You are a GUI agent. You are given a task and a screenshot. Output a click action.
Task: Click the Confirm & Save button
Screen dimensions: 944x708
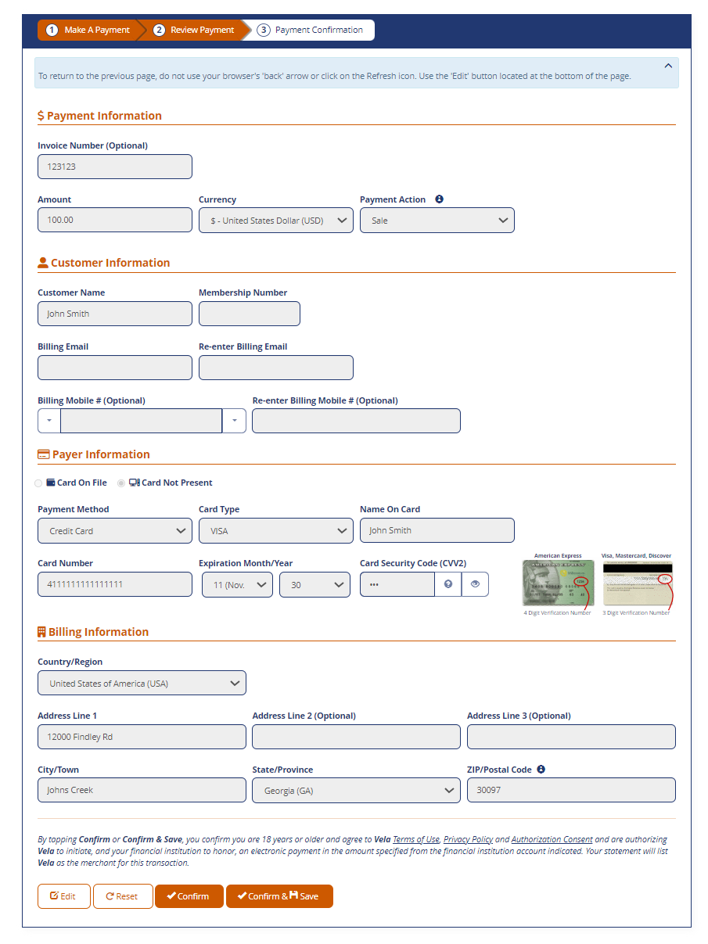point(279,896)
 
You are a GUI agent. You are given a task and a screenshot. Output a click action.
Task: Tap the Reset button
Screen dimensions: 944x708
point(123,896)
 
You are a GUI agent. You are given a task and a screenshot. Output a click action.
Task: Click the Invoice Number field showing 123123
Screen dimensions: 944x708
point(115,167)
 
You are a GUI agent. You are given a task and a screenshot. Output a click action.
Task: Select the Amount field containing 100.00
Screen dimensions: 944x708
point(115,220)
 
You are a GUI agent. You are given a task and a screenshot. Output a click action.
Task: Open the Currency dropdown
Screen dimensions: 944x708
point(276,221)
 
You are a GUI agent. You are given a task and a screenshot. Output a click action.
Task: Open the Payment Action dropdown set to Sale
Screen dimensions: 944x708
point(437,221)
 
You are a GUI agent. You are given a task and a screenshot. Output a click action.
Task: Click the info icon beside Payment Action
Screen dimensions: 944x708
point(439,199)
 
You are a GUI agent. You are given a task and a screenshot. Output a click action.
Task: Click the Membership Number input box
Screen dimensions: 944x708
point(250,314)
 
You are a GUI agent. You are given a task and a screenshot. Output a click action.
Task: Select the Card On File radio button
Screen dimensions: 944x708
point(38,483)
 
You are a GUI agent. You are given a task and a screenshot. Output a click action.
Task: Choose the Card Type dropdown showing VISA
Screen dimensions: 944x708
point(276,530)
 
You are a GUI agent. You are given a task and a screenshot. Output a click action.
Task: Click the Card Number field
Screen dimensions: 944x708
point(115,584)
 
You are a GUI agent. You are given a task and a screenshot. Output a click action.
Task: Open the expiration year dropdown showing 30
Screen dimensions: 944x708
point(314,584)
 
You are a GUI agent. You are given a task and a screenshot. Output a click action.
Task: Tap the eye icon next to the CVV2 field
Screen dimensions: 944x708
point(475,584)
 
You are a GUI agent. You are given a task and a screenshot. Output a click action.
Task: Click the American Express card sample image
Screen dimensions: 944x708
point(558,583)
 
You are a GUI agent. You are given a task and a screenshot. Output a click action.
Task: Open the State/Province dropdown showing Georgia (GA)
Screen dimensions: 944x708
point(356,790)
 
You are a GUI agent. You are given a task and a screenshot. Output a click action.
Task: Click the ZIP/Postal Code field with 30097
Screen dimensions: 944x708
point(571,790)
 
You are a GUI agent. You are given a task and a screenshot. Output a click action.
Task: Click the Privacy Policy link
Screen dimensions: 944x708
point(468,839)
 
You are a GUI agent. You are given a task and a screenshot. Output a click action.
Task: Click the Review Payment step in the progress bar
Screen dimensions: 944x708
point(195,30)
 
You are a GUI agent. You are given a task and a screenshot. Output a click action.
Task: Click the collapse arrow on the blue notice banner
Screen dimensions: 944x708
point(668,66)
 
